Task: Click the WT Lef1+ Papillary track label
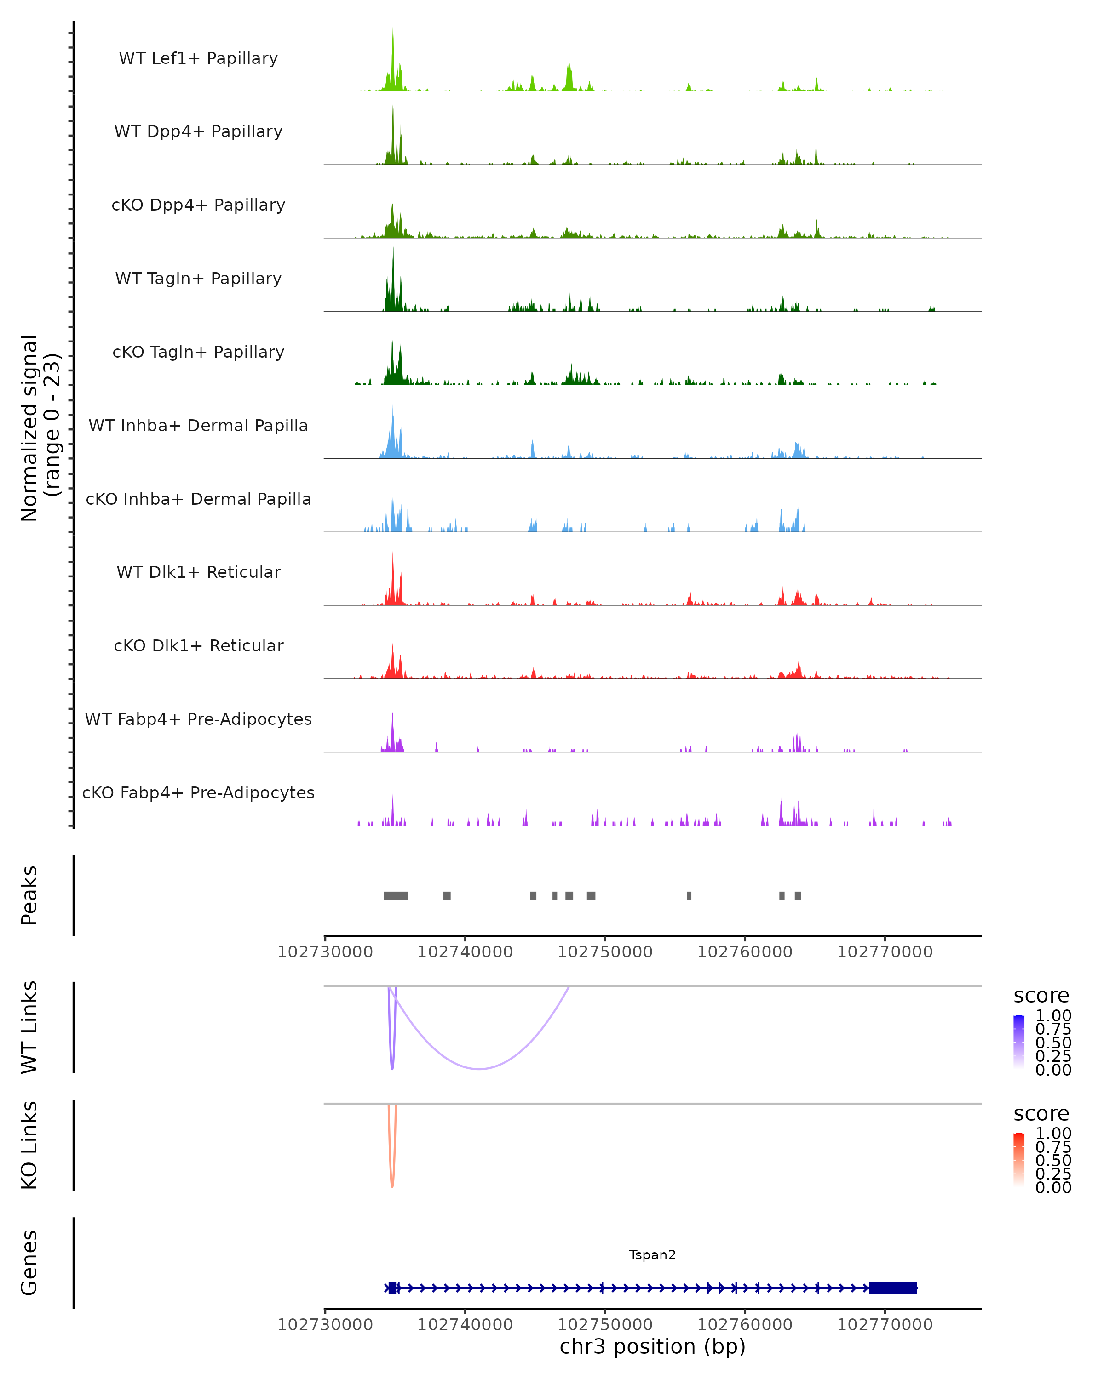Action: (198, 58)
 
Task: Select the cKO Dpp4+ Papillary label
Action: (198, 205)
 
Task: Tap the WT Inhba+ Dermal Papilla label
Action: (198, 425)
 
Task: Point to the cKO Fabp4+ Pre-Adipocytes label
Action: (198, 792)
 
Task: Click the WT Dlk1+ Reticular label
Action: (198, 572)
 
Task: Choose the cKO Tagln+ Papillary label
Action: (198, 352)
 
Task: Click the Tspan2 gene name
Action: (652, 1255)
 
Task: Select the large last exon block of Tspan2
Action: (893, 1288)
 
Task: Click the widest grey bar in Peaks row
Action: (396, 895)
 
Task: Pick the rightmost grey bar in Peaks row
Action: (798, 895)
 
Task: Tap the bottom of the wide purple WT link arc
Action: (479, 1069)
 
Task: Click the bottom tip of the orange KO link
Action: (392, 1186)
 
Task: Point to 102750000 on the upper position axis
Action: (605, 952)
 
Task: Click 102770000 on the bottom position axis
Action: (885, 1325)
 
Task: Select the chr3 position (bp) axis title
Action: (652, 1347)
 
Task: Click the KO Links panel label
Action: (29, 1145)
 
